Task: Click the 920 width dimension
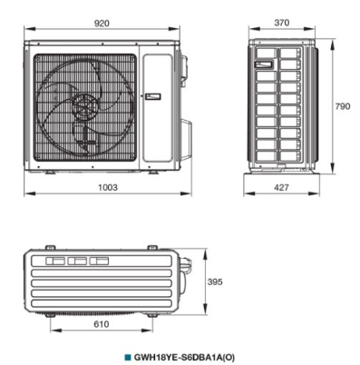click(x=102, y=24)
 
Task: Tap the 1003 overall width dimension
click(x=108, y=187)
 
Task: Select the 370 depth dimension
click(x=282, y=23)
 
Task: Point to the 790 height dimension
click(x=343, y=106)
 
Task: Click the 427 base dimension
click(x=281, y=188)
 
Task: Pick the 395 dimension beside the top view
click(x=215, y=281)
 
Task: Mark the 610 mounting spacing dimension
click(x=102, y=324)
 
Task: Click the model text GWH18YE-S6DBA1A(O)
click(x=184, y=358)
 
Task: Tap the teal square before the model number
click(x=128, y=357)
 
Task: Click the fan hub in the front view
click(x=86, y=106)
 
